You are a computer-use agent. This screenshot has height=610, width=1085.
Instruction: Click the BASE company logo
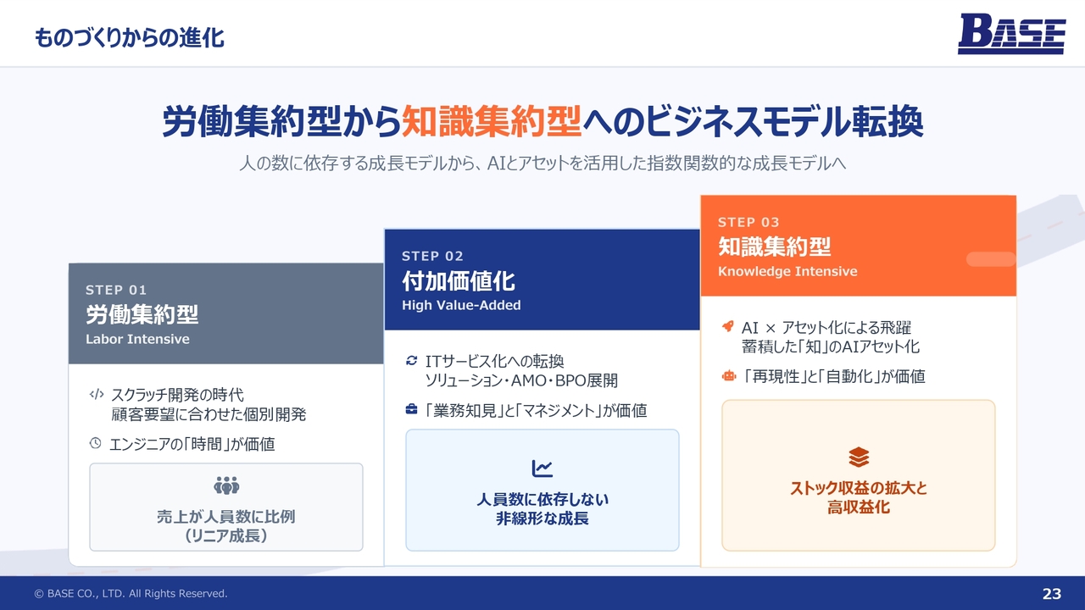tap(1011, 33)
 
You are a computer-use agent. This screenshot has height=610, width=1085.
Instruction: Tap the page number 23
tap(1052, 594)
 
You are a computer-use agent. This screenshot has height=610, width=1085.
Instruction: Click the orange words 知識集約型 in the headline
tap(491, 121)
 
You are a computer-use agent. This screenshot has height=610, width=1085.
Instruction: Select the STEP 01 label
tap(116, 290)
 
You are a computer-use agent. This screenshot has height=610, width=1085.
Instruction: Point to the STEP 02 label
tap(432, 256)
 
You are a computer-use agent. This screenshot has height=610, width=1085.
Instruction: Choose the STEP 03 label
tap(748, 222)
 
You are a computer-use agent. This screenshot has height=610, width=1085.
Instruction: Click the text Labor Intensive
tap(137, 339)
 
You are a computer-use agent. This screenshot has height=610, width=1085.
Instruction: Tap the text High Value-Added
tap(461, 305)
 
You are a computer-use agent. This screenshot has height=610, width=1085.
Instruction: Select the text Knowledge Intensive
tap(787, 271)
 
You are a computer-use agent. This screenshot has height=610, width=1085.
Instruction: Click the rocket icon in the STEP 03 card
tap(727, 326)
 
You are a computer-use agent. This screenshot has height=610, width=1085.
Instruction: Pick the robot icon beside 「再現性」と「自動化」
tap(728, 375)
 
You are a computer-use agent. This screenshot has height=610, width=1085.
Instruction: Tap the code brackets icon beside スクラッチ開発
tap(97, 394)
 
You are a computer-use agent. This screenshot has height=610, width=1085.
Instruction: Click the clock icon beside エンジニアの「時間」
tap(96, 442)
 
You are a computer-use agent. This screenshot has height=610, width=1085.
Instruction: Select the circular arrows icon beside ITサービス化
tap(411, 360)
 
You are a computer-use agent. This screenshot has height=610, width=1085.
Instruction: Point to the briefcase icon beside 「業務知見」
tap(411, 409)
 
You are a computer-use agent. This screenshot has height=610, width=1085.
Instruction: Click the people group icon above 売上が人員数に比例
tap(226, 485)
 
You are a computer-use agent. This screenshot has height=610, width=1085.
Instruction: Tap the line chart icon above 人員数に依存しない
tap(542, 469)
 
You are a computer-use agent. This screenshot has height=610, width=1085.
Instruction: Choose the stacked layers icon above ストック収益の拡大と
tap(859, 457)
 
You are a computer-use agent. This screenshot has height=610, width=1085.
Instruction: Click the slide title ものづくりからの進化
tap(130, 38)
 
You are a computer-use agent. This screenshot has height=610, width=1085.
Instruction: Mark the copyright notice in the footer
tap(131, 594)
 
